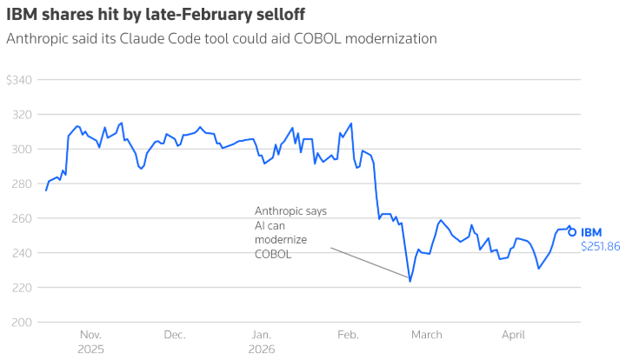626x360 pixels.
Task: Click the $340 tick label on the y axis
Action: tap(18, 80)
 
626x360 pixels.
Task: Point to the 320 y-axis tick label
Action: tap(21, 115)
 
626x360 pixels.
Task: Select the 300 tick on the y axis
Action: tap(21, 150)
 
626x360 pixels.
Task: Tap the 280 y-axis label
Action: tap(21, 184)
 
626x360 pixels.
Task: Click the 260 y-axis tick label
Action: tap(21, 218)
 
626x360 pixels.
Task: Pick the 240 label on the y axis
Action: tap(21, 253)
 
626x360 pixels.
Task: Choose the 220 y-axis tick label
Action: tap(21, 288)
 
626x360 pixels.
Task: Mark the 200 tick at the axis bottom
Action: tap(21, 323)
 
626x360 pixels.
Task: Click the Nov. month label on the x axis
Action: tap(91, 335)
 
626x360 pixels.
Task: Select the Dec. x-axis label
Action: tap(175, 335)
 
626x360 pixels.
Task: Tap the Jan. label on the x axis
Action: tap(262, 335)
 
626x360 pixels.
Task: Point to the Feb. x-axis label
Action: tap(348, 335)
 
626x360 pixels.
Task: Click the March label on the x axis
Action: tap(427, 335)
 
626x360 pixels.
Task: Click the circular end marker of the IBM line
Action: tap(571, 232)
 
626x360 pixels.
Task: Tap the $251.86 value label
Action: tap(600, 247)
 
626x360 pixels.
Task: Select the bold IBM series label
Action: tap(591, 232)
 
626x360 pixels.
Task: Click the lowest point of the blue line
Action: tap(410, 281)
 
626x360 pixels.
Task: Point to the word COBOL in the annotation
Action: tap(273, 255)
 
